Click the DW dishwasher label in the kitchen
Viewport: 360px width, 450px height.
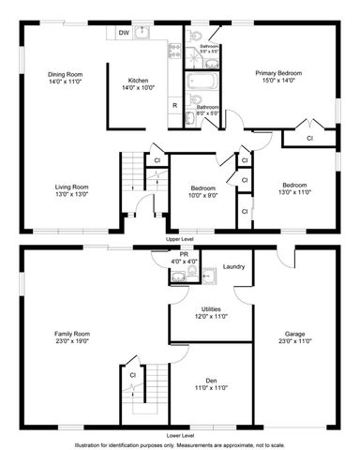pyautogui.click(x=124, y=33)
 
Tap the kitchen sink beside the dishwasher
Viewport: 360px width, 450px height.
pyautogui.click(x=143, y=34)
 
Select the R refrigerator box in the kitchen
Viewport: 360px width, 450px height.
pyautogui.click(x=174, y=105)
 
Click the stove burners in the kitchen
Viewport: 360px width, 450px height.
pyautogui.click(x=173, y=55)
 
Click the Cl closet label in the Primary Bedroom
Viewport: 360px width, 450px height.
pyautogui.click(x=310, y=139)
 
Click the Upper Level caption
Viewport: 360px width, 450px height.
pyautogui.click(x=180, y=240)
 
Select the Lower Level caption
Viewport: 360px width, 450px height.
pyautogui.click(x=180, y=435)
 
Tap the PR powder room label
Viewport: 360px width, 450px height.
pyautogui.click(x=184, y=253)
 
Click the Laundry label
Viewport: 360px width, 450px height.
pyautogui.click(x=233, y=266)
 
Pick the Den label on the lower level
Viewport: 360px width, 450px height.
pyautogui.click(x=211, y=381)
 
